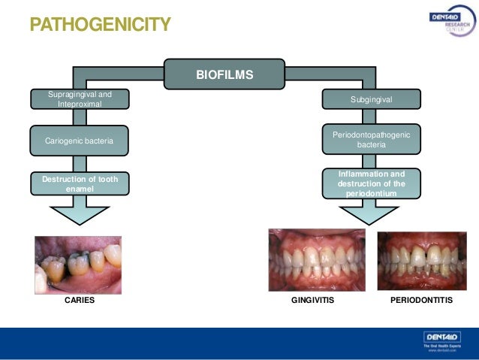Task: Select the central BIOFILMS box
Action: point(224,75)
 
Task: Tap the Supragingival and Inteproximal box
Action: point(80,99)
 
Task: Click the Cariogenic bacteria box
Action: point(80,139)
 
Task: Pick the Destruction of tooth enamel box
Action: point(80,184)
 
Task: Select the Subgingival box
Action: point(371,99)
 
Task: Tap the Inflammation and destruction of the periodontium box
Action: point(371,184)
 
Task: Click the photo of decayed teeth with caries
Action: point(78,265)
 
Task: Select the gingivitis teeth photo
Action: point(317,259)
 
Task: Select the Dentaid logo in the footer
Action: point(441,340)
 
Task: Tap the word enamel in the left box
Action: point(79,189)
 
